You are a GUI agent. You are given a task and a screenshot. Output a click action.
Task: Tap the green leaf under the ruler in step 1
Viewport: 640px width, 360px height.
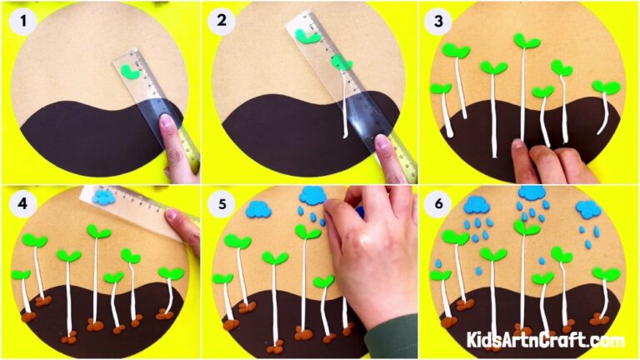pyautogui.click(x=129, y=72)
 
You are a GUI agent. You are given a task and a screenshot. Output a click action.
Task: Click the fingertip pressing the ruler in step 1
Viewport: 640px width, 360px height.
pyautogui.click(x=169, y=125)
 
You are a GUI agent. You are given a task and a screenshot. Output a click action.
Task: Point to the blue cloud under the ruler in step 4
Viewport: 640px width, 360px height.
pyautogui.click(x=105, y=197)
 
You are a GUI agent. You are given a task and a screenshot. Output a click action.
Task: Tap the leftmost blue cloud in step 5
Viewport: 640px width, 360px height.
pyautogui.click(x=260, y=210)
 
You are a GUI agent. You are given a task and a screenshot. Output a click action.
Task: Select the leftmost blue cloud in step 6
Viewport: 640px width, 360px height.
pyautogui.click(x=477, y=204)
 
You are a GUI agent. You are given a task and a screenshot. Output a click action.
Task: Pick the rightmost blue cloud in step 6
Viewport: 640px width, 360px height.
pyautogui.click(x=588, y=208)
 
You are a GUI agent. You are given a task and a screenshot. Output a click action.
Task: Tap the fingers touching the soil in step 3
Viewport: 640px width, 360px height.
pyautogui.click(x=533, y=154)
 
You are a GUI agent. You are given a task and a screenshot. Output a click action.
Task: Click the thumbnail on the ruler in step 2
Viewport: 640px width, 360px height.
pyautogui.click(x=385, y=142)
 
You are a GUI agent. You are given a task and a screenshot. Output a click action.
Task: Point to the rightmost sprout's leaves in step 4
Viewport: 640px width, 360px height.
pyautogui.click(x=171, y=273)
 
